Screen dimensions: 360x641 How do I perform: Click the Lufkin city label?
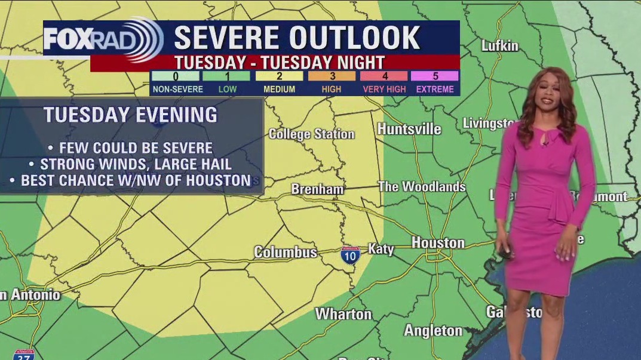click(x=500, y=46)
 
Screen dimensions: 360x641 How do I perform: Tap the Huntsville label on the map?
click(x=409, y=129)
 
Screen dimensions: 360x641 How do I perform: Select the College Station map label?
click(x=311, y=134)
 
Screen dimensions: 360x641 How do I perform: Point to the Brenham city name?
click(x=317, y=189)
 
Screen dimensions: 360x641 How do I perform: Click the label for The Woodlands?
click(x=422, y=187)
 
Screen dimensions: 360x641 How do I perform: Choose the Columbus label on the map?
click(x=285, y=252)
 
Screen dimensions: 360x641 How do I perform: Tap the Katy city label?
click(x=381, y=248)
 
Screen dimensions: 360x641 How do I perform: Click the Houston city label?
click(x=438, y=242)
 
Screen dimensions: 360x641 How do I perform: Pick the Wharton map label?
click(x=343, y=313)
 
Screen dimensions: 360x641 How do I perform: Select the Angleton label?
click(x=433, y=330)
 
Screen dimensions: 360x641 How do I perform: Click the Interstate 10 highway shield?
click(x=351, y=255)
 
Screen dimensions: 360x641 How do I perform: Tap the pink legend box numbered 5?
click(x=435, y=76)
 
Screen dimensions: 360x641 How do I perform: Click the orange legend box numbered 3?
click(x=332, y=76)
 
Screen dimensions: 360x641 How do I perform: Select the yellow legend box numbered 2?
click(x=280, y=76)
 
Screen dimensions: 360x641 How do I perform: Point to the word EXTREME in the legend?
click(x=435, y=89)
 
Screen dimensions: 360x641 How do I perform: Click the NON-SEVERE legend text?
click(x=177, y=89)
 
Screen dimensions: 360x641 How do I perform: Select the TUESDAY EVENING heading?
click(x=130, y=115)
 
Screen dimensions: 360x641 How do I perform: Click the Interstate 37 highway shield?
click(x=23, y=355)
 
